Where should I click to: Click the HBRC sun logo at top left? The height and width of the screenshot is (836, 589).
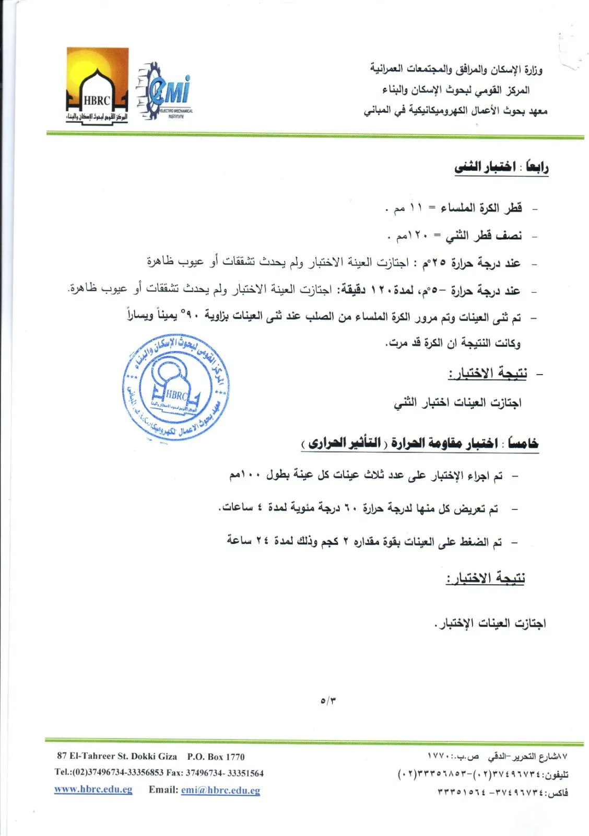[x=97, y=85]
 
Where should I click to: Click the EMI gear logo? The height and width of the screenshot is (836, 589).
[x=165, y=91]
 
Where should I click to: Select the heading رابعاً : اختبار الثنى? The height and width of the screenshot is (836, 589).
[x=501, y=167]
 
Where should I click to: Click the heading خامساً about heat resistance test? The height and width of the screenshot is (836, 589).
[x=420, y=444]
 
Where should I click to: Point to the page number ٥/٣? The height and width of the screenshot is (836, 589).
[x=328, y=700]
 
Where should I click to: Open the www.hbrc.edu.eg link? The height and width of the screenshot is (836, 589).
[x=93, y=789]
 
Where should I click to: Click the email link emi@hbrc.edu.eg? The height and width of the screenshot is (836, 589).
[x=220, y=790]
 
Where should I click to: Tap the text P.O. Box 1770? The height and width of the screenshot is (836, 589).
[x=216, y=757]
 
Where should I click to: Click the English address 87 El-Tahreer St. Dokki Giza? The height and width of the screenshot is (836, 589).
[x=117, y=757]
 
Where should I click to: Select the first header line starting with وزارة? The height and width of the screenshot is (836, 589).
[x=456, y=69]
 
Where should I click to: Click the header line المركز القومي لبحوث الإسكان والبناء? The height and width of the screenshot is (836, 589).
[x=455, y=90]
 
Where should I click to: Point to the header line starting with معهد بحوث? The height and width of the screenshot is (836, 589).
[x=455, y=111]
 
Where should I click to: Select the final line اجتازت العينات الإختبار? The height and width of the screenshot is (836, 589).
[x=490, y=623]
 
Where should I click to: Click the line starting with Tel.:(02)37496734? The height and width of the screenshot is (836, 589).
[x=159, y=773]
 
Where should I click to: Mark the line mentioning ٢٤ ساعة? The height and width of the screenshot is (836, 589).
[x=364, y=542]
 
